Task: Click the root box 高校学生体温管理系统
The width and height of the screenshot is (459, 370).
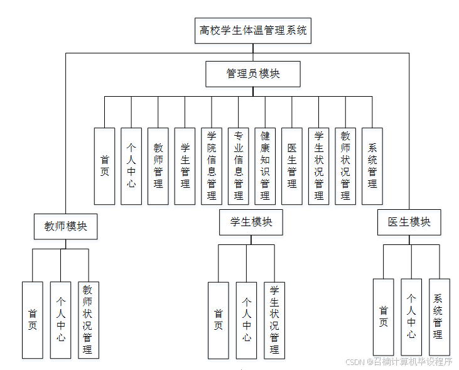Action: tap(254, 30)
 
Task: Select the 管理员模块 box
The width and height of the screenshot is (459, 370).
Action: tap(253, 73)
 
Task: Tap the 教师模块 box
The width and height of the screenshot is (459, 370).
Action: tap(66, 226)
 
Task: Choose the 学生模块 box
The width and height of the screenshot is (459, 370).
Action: tap(251, 222)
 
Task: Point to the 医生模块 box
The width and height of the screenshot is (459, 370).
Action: tap(409, 222)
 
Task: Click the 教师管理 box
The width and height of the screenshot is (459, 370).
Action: tap(158, 166)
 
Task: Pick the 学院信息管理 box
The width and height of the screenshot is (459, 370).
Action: tap(212, 166)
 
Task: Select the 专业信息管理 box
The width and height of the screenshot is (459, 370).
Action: tap(239, 166)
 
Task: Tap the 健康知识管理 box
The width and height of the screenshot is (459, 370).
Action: tap(265, 166)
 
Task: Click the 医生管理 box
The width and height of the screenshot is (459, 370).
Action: tap(292, 166)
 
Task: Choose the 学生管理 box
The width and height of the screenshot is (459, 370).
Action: tap(185, 166)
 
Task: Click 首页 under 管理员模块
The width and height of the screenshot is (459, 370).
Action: tap(105, 166)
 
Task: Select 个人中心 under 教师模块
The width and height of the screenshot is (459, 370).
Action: tap(61, 320)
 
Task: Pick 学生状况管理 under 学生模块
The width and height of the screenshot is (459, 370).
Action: tap(274, 320)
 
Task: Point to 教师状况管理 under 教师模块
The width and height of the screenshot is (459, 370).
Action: tap(88, 320)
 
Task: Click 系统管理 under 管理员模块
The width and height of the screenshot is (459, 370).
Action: tap(372, 166)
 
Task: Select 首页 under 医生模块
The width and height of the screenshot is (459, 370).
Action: tap(383, 317)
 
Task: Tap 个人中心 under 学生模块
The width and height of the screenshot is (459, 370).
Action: tap(247, 320)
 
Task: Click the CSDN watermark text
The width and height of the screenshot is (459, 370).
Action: tap(399, 361)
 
